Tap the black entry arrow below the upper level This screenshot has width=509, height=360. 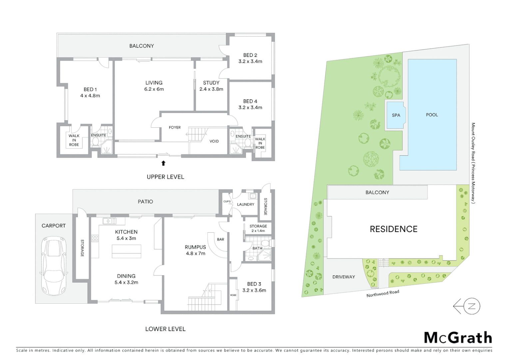coord(163,163)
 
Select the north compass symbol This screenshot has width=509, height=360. coord(467,306)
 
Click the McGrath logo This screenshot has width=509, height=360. coord(458,338)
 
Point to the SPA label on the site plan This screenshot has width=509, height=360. coord(396,115)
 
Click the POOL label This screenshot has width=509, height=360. coord(432,115)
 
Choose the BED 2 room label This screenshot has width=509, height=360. coord(250,55)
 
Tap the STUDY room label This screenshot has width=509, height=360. coord(211,83)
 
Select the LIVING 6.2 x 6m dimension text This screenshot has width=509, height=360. coord(154,89)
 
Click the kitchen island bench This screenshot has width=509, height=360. coord(126,251)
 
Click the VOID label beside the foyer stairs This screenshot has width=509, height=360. coord(214,141)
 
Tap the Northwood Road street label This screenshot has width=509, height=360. coord(382,294)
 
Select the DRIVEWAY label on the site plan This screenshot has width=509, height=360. coord(343,277)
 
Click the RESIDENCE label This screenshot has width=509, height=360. coord(393,229)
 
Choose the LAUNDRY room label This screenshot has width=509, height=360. coord(246,204)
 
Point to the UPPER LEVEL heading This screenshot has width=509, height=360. coord(165,177)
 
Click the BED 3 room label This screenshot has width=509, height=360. coord(254,284)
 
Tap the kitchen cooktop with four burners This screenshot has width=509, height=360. coord(95,238)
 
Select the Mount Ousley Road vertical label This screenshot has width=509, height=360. coord(473,163)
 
